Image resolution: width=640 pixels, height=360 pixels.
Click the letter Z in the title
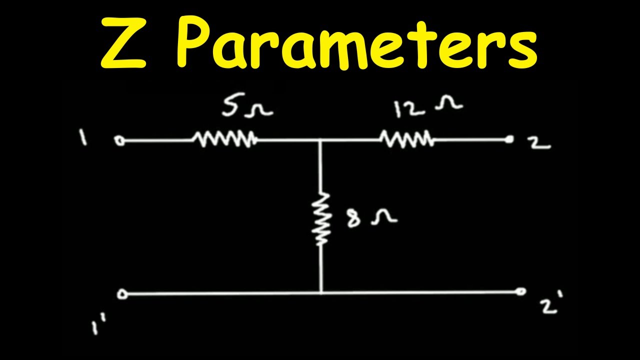click(123, 43)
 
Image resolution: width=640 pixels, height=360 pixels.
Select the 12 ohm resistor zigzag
click(407, 139)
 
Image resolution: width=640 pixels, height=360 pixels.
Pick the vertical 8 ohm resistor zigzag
click(321, 219)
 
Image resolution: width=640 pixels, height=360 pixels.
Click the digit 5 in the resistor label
click(230, 106)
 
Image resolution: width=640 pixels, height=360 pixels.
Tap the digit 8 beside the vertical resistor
click(353, 217)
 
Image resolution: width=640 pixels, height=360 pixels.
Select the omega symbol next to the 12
click(448, 103)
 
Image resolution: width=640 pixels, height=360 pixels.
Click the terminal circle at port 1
click(119, 141)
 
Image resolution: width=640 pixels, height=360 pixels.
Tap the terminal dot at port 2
click(509, 139)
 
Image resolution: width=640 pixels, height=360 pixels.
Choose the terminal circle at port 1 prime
click(122, 294)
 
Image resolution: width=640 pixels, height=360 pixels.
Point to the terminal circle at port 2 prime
click(520, 291)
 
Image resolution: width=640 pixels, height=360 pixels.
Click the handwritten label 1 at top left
click(83, 137)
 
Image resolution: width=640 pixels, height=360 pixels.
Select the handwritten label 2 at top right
click(539, 143)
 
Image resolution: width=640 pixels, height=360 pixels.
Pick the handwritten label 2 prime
click(551, 302)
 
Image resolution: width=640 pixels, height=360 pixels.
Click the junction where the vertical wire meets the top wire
click(320, 140)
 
